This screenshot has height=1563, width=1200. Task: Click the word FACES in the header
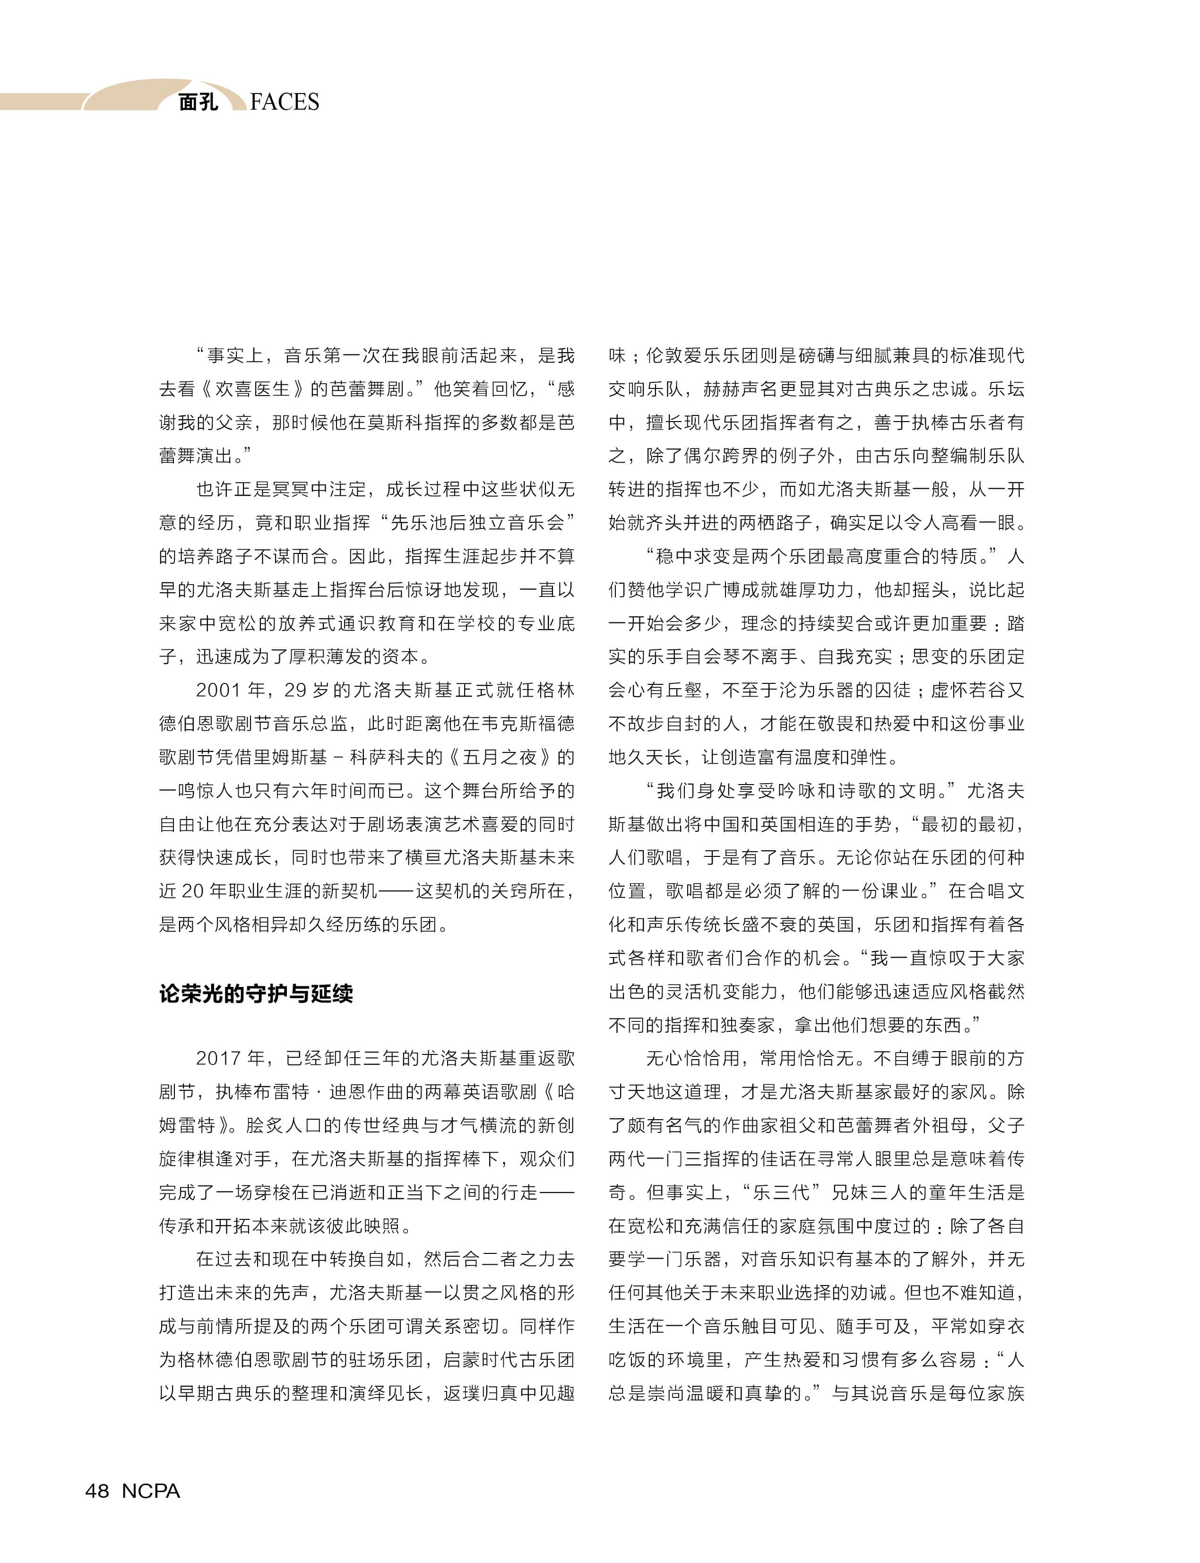point(285,102)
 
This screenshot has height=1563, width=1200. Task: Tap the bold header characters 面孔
point(198,102)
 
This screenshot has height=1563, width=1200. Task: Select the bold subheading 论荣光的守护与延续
point(256,993)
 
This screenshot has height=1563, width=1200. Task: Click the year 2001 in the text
point(218,690)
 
